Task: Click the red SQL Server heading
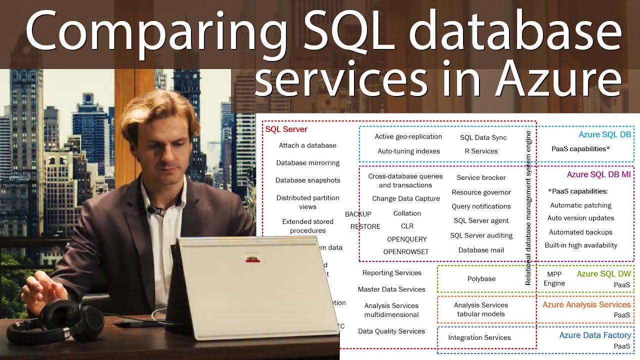(286, 129)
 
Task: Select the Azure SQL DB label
(604, 134)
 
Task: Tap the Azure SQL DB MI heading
(598, 174)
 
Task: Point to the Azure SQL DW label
(603, 274)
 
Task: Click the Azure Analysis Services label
(586, 304)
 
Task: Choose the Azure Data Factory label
(595, 335)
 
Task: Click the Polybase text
(481, 278)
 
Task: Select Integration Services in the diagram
(479, 337)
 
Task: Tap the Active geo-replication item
(408, 136)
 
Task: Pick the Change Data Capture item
(405, 198)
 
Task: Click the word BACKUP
(358, 214)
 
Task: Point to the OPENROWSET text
(405, 251)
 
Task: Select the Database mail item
(480, 250)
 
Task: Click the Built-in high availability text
(580, 245)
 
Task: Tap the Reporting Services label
(391, 273)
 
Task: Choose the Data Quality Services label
(391, 331)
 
